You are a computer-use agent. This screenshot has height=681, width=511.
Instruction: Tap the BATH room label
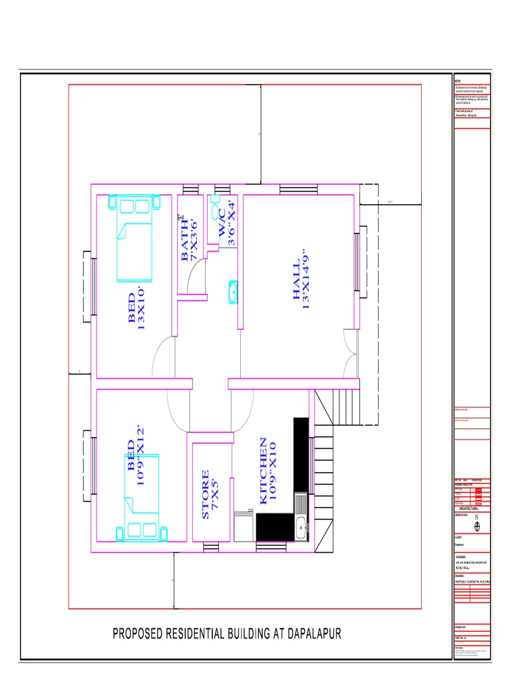point(190,240)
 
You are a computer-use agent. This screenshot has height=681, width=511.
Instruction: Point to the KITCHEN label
point(267,470)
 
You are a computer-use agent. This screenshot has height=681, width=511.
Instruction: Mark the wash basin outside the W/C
point(232,292)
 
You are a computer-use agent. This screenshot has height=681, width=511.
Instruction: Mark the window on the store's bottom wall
point(210,547)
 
